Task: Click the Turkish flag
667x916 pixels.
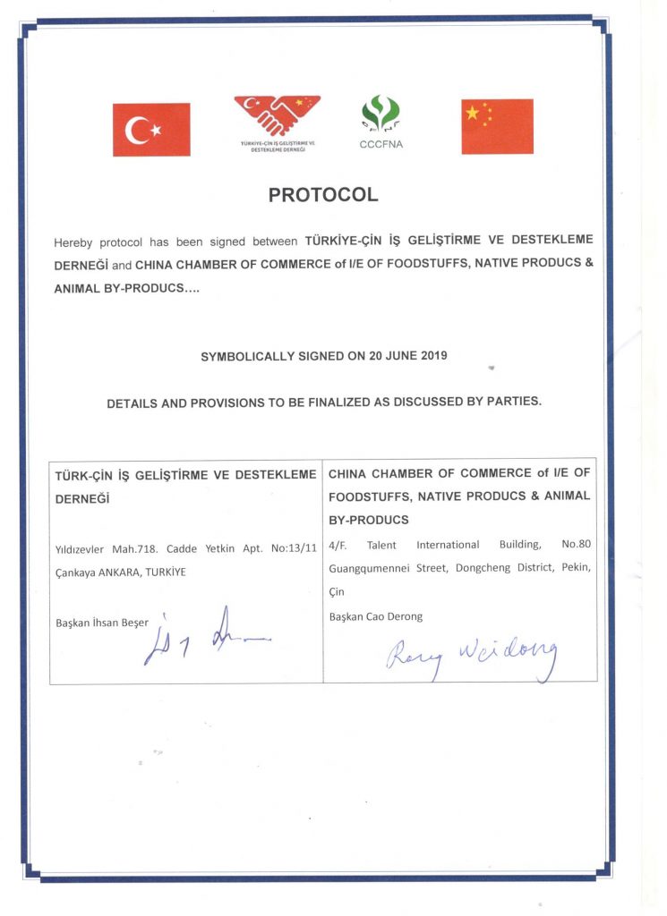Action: [x=151, y=130]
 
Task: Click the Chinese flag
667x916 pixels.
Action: [x=497, y=126]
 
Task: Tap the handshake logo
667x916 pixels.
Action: [x=277, y=116]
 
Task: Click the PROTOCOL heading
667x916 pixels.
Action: [x=323, y=194]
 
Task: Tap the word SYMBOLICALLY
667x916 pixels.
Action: [x=246, y=355]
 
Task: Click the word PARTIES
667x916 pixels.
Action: [x=513, y=402]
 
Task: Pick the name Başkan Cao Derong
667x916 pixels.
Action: [x=376, y=616]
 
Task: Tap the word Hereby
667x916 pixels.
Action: [x=73, y=242]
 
